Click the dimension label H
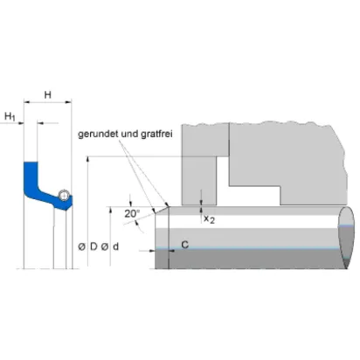tap(47, 94)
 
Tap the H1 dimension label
tap(10, 116)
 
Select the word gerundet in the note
tap(98, 135)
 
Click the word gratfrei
tap(156, 134)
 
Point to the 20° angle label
tap(132, 214)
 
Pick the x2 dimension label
tap(209, 219)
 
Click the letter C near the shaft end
tap(185, 245)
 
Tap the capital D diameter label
tap(93, 246)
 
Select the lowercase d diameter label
tap(115, 246)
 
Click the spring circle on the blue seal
tap(63, 195)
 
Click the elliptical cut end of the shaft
tap(346, 238)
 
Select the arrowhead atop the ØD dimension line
tap(87, 159)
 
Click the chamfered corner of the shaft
tap(162, 210)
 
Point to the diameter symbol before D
tap(82, 246)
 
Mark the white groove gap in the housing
tap(223, 181)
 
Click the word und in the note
tap(129, 134)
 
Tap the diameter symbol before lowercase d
tap(105, 246)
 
